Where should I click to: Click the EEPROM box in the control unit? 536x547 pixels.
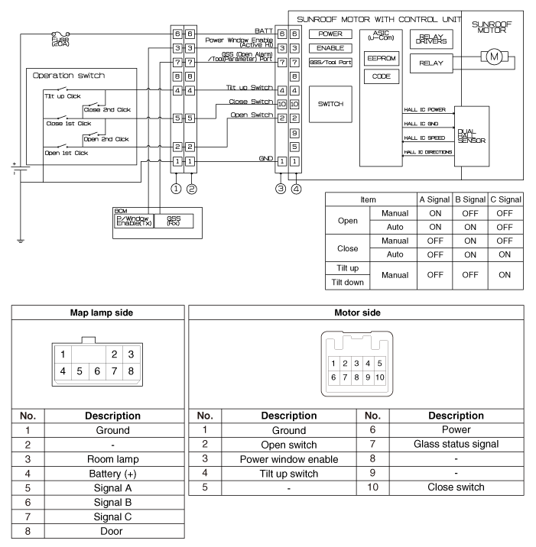tap(381, 58)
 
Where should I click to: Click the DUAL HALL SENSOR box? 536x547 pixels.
tap(471, 137)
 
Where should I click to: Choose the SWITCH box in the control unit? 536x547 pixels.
tap(330, 104)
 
